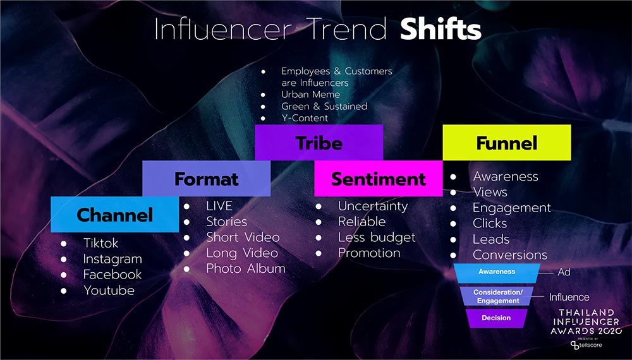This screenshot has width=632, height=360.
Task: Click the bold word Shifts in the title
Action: pyautogui.click(x=441, y=29)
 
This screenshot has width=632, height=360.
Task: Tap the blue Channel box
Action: pyautogui.click(x=114, y=215)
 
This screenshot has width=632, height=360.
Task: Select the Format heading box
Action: pyautogui.click(x=207, y=178)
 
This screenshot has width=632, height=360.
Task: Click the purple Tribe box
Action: pyautogui.click(x=319, y=143)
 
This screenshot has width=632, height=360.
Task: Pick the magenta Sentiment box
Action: pyautogui.click(x=378, y=178)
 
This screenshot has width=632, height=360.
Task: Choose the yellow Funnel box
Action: pyautogui.click(x=507, y=143)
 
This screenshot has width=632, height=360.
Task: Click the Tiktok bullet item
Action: pyautogui.click(x=100, y=243)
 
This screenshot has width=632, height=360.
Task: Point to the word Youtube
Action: pyautogui.click(x=109, y=290)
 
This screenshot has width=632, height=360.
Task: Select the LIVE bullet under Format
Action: pyautogui.click(x=219, y=206)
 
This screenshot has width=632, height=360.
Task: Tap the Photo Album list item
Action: pyautogui.click(x=245, y=268)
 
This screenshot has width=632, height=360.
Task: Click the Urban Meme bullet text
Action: pyautogui.click(x=310, y=94)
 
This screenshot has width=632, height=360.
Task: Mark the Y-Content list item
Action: pyautogui.click(x=305, y=118)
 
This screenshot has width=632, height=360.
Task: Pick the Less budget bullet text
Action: pyautogui.click(x=377, y=237)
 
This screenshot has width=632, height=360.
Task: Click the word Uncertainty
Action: pyautogui.click(x=373, y=206)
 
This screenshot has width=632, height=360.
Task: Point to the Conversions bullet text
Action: pyautogui.click(x=510, y=255)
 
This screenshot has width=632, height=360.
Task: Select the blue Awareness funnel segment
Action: pyautogui.click(x=497, y=273)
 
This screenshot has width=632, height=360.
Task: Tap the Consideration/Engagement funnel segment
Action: pyautogui.click(x=497, y=296)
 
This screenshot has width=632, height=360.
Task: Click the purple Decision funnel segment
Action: pyautogui.click(x=497, y=318)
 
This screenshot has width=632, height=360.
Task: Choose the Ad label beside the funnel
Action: pyautogui.click(x=564, y=272)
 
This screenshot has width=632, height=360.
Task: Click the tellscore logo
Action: pyautogui.click(x=586, y=345)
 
